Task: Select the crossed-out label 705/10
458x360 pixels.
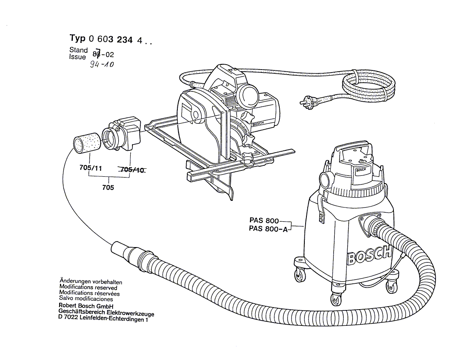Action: pos(132,169)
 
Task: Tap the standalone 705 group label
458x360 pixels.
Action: pos(108,187)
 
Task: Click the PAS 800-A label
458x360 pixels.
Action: pos(268,228)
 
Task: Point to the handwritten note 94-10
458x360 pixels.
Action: pos(102,65)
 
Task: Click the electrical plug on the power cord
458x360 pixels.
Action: pos(309,102)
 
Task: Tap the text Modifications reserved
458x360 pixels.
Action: pos(88,287)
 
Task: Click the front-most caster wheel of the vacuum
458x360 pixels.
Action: pos(336,299)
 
